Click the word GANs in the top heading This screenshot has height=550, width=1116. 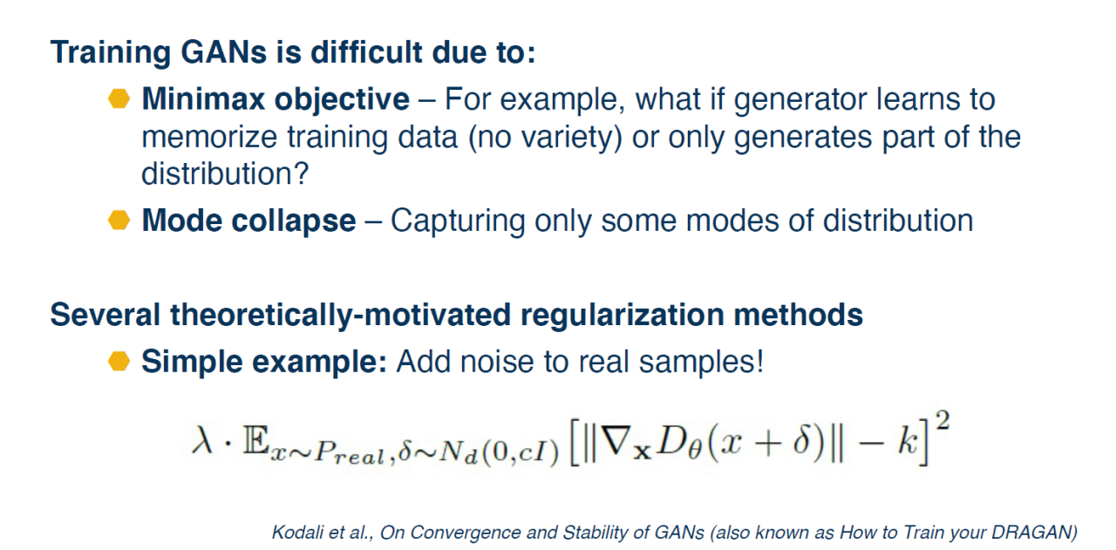[224, 52]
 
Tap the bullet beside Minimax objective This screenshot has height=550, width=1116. [119, 98]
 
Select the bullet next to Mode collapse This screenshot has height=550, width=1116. [119, 221]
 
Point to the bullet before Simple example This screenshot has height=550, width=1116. [119, 361]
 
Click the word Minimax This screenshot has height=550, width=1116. [203, 98]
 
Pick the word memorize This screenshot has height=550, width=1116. [209, 137]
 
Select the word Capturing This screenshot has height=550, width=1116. [458, 221]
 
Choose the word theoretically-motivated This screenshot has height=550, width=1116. [341, 316]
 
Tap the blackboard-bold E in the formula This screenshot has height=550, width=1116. [255, 440]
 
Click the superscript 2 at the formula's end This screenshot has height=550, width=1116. [942, 420]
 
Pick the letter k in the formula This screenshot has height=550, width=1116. [908, 440]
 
